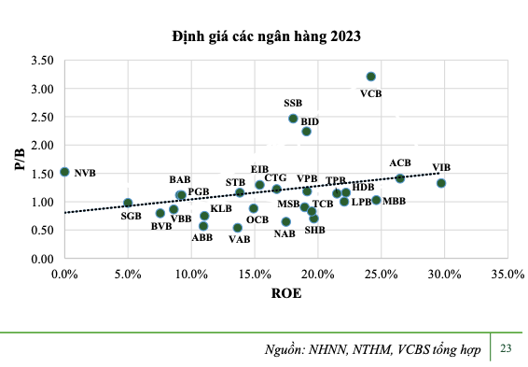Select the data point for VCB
coord(370,77)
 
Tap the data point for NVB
coord(64,172)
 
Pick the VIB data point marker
coord(441,183)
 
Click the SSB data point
coord(293,119)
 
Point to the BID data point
coord(306,132)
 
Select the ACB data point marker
coord(400,178)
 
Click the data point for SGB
coord(128,203)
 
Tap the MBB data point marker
coord(376,200)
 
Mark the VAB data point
coord(237,228)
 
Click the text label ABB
coord(202,238)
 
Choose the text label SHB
coord(315,230)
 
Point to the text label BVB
coord(161,226)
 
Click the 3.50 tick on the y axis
coord(42,61)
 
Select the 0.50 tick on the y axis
coord(42,230)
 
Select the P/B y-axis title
coord(19,159)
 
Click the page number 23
coord(507,348)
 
